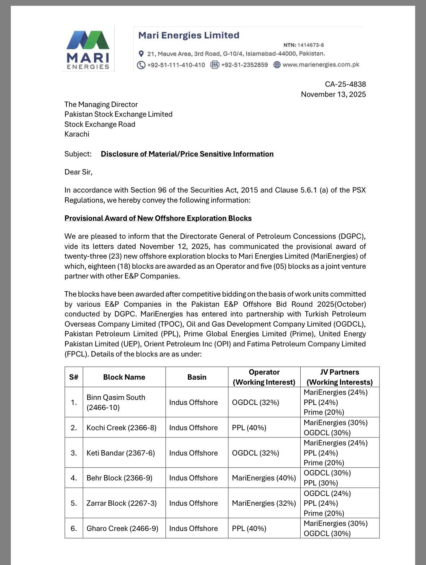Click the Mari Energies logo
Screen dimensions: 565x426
pos(88,49)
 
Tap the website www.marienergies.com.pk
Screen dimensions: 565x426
pos(320,65)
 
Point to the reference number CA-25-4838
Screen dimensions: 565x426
pos(345,84)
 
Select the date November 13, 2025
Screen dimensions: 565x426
pos(333,94)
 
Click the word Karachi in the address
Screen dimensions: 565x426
pos(77,134)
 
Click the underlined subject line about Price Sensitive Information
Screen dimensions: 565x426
pos(187,154)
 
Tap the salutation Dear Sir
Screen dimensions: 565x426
pos(78,172)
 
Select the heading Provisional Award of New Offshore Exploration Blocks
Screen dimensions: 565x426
pos(158,218)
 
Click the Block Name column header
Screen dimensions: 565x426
pos(124,377)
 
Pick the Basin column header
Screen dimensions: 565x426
pos(197,377)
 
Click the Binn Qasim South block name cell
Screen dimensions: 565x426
pos(116,402)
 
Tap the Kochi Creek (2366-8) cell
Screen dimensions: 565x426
pos(121,428)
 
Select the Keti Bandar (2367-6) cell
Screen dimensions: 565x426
pos(120,453)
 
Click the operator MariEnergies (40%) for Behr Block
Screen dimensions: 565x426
pos(264,478)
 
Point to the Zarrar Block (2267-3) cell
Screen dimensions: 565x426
pos(121,503)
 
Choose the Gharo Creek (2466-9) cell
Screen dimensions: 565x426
pos(122,529)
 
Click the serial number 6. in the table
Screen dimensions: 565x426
pos(74,529)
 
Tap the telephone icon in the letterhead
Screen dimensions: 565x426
pos(141,65)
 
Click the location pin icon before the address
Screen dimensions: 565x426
pos(141,54)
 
